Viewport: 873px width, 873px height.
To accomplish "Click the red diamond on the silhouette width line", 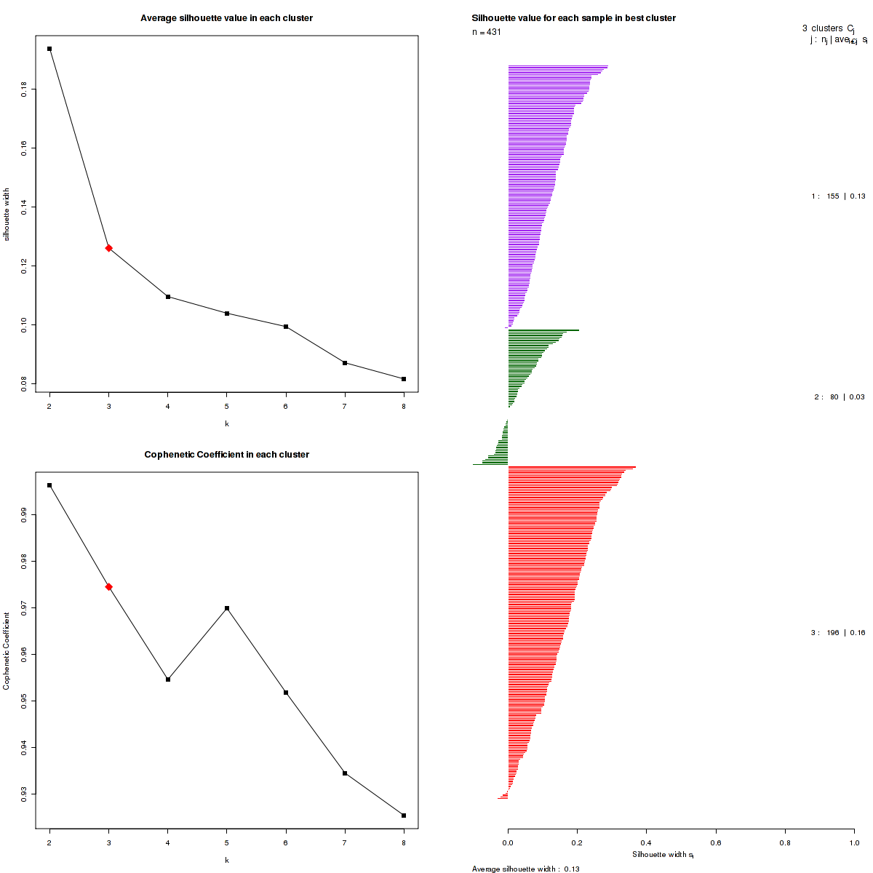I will click(x=109, y=248).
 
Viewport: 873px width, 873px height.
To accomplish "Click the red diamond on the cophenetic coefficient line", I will click(x=109, y=587).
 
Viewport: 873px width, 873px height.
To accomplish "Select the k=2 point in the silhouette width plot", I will click(x=49, y=49).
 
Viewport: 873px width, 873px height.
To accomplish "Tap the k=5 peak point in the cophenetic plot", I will click(x=227, y=608).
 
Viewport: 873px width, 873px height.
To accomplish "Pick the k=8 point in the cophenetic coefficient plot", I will click(x=404, y=816).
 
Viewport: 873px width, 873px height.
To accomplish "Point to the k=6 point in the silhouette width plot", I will click(x=286, y=327).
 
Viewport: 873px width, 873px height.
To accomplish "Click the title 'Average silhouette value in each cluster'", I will click(x=226, y=18).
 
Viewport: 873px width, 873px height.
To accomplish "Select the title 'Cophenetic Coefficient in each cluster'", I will click(x=226, y=455).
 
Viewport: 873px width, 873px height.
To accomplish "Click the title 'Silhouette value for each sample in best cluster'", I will click(x=573, y=18).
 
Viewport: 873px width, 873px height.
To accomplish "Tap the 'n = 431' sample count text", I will click(x=487, y=32).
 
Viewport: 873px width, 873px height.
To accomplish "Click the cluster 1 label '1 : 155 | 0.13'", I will click(x=838, y=196).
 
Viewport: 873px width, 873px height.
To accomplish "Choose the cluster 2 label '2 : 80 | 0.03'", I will click(x=840, y=397).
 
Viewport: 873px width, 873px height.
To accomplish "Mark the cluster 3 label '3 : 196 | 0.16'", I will click(x=838, y=633).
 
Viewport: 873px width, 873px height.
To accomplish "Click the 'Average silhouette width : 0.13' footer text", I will click(x=525, y=869).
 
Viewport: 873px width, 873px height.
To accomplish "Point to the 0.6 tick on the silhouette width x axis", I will click(x=716, y=842).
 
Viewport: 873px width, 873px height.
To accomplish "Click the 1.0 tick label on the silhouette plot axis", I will click(x=853, y=842).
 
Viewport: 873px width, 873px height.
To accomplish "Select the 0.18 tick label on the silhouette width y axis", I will click(x=25, y=89).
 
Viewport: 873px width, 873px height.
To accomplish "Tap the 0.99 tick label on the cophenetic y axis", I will click(x=25, y=515).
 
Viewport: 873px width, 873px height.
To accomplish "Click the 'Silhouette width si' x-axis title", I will click(x=663, y=855).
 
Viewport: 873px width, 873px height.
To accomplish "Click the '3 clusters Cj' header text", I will click(x=828, y=29).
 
